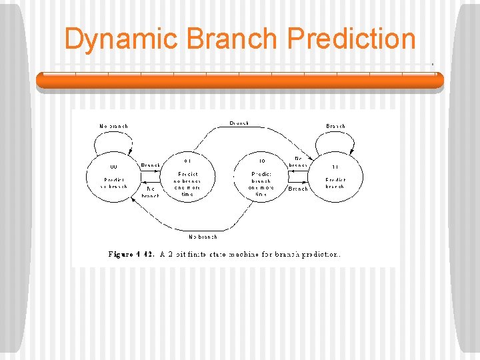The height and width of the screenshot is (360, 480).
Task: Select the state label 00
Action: [113, 167]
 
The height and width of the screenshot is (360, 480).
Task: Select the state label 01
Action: [187, 160]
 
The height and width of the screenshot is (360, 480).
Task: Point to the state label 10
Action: [261, 160]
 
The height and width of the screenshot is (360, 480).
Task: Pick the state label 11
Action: [335, 167]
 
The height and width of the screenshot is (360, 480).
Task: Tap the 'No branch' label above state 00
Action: [113, 126]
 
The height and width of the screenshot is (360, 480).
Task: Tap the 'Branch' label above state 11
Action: [335, 126]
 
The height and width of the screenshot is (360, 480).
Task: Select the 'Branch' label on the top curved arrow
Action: [239, 123]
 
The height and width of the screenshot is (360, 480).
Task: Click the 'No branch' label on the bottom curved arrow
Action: [203, 236]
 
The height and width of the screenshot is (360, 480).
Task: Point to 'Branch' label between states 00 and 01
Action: [150, 165]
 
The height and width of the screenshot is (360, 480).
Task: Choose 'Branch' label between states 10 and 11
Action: [297, 189]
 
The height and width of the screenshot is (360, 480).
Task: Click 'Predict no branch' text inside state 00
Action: [113, 183]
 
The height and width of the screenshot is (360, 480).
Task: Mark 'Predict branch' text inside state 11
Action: [335, 183]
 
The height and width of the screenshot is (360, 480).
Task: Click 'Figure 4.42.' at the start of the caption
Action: [131, 254]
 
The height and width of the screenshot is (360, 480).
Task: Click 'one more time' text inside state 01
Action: [187, 191]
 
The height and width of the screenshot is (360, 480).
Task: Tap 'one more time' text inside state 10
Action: [261, 191]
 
